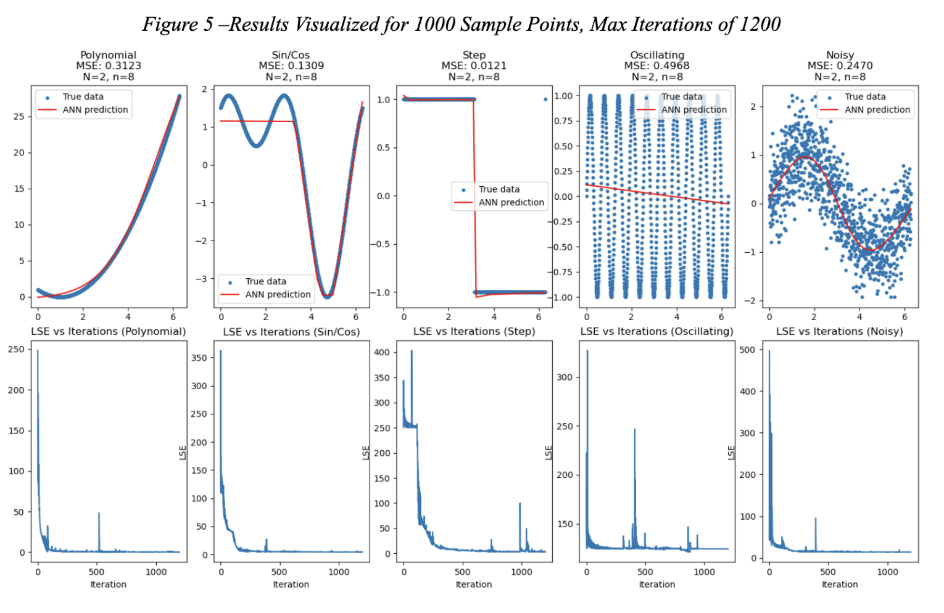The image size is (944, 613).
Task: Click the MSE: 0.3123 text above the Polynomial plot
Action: click(x=109, y=66)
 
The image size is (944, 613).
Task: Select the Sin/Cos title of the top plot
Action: click(x=291, y=55)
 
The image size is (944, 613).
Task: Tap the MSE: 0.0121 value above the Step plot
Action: click(x=473, y=66)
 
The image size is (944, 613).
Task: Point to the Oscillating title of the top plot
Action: click(x=656, y=55)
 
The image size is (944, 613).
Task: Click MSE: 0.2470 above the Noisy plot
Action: click(x=840, y=66)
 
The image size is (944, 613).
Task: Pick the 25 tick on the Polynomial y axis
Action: click(x=19, y=117)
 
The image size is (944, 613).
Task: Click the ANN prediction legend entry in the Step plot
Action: click(x=511, y=202)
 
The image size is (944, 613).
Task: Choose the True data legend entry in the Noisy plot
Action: click(x=864, y=97)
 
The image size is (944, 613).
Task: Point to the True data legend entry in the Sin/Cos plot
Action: click(x=265, y=281)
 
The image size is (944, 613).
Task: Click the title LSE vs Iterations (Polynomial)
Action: click(x=109, y=332)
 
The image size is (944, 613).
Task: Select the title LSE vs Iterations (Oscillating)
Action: click(x=656, y=332)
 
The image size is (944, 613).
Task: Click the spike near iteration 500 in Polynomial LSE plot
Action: click(x=99, y=514)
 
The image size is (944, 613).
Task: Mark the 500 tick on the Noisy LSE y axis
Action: click(x=747, y=350)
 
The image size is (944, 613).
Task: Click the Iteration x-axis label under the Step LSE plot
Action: click(x=473, y=584)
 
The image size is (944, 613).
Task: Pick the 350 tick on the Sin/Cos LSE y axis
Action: click(x=199, y=358)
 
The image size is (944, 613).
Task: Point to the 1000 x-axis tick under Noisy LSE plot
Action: click(x=887, y=572)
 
